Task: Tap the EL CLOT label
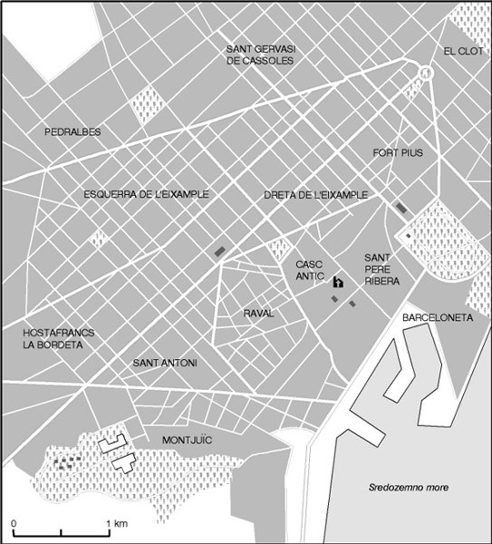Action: click(464, 52)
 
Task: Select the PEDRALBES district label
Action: click(72, 132)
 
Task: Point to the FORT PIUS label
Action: click(398, 153)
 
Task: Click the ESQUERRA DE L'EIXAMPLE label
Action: click(146, 194)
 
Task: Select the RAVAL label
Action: click(258, 314)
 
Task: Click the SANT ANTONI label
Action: click(165, 364)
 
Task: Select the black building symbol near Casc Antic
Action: click(337, 282)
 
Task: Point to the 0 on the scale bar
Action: click(14, 524)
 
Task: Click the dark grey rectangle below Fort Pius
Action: click(400, 209)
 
